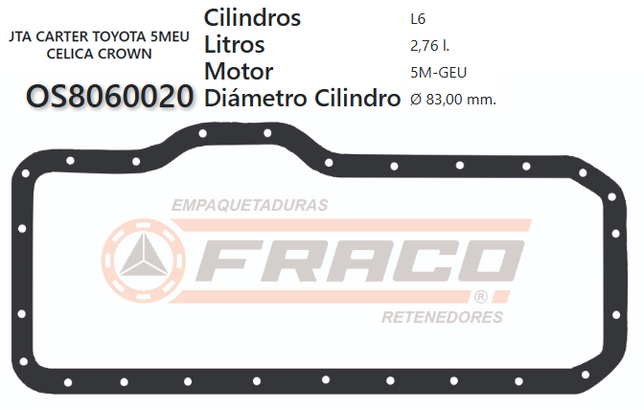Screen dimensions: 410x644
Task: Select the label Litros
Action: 235,45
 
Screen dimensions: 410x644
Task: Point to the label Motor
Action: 239,71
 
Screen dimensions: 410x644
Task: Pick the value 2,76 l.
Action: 429,45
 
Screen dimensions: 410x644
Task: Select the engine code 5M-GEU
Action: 438,71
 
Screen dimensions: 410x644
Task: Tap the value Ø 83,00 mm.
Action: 452,98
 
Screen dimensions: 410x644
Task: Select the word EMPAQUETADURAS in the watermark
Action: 249,205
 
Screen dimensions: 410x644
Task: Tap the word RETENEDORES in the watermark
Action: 442,317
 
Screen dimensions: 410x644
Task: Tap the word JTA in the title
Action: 18,37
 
